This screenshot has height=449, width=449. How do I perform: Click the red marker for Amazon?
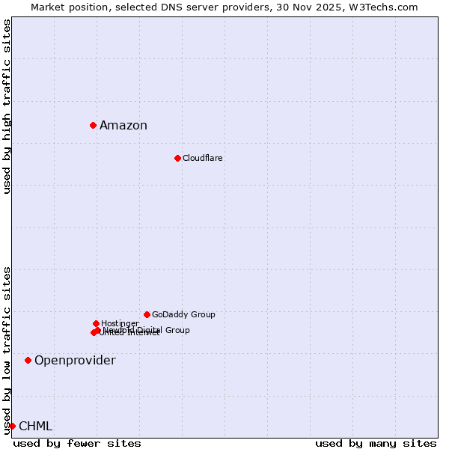pyautogui.click(x=93, y=125)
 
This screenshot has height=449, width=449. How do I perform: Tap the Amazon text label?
pyautogui.click(x=123, y=126)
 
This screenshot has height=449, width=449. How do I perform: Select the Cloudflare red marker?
pyautogui.click(x=177, y=158)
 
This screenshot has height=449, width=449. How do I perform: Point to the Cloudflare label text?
pyautogui.click(x=203, y=159)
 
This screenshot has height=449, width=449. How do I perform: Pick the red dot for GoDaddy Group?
pyautogui.click(x=147, y=314)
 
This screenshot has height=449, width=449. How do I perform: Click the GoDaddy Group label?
pyautogui.click(x=183, y=315)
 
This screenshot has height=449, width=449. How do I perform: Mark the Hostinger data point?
pyautogui.click(x=96, y=323)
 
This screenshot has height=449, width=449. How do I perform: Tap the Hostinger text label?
pyautogui.click(x=120, y=324)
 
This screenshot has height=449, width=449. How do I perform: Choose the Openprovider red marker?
pyautogui.click(x=28, y=360)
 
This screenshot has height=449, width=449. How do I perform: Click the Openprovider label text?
pyautogui.click(x=75, y=361)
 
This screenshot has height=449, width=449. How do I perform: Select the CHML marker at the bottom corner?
pyautogui.click(x=12, y=426)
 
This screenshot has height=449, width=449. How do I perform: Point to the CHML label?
pyautogui.click(x=35, y=427)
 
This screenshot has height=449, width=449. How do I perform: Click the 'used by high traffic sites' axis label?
pyautogui.click(x=7, y=106)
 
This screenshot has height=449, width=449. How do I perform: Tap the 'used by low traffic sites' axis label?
pyautogui.click(x=7, y=349)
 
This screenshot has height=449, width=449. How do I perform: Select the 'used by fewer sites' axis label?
pyautogui.click(x=77, y=443)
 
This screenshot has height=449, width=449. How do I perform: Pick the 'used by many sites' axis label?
pyautogui.click(x=376, y=443)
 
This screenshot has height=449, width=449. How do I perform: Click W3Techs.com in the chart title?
pyautogui.click(x=386, y=7)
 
